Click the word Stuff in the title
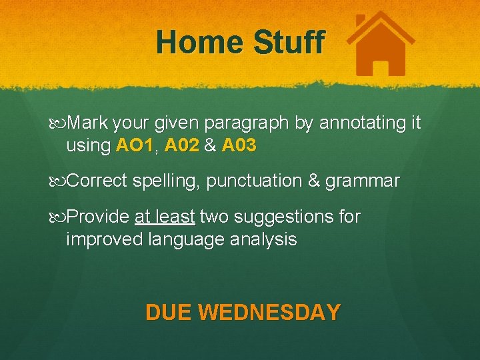tap(289, 43)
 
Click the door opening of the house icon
tap(381, 66)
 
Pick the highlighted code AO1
tap(134, 145)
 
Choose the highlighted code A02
tap(181, 145)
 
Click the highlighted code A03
tap(239, 145)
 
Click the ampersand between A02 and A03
tap(210, 145)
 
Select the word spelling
tap(165, 181)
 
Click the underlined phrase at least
tap(165, 217)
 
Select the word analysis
tap(262, 239)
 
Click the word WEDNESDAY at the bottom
tap(269, 312)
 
